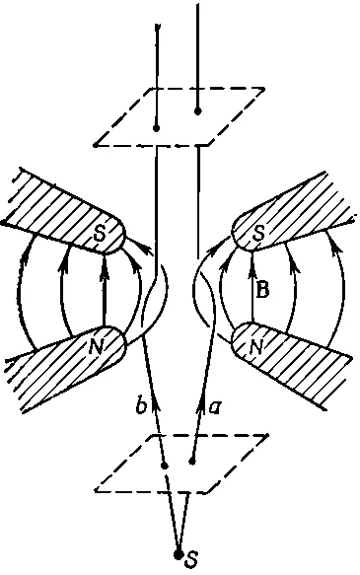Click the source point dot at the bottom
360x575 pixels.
point(179,555)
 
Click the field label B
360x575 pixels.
point(262,289)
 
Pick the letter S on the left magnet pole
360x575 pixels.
point(100,234)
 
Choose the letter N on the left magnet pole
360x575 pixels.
point(96,346)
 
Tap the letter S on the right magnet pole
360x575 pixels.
point(258,234)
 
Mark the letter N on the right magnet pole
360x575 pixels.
point(256,346)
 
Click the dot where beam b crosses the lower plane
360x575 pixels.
point(165,466)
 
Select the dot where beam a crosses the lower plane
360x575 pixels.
point(191,462)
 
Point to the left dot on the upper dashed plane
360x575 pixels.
point(157,128)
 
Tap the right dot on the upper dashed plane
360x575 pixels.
point(198,110)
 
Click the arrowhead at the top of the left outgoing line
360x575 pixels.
point(157,30)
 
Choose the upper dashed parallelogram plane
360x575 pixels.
point(179,117)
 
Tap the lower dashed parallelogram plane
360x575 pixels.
point(181,464)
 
